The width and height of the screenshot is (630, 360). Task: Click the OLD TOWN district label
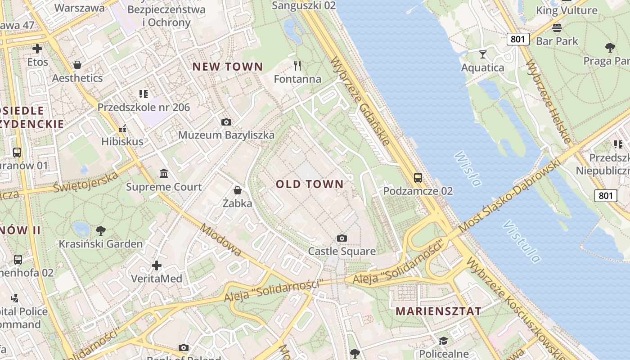point(310,184)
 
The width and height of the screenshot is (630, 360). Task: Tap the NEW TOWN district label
point(228,67)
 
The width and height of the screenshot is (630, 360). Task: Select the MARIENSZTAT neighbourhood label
point(438,311)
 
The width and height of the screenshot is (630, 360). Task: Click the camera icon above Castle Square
point(342,238)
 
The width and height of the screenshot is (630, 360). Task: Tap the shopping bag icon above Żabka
point(238,190)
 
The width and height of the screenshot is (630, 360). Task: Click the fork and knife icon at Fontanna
point(297,66)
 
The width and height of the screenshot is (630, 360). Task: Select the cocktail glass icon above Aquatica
point(483,54)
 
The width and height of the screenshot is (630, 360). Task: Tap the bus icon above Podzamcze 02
point(418,178)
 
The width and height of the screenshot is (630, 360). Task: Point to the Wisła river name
point(468,168)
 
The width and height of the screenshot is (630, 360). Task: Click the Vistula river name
point(522,241)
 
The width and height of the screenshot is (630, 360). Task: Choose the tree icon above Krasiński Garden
point(101,231)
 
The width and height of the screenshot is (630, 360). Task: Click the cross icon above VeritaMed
point(157,265)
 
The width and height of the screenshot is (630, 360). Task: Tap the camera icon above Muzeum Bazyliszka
point(226,122)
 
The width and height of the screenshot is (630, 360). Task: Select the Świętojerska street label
point(85,182)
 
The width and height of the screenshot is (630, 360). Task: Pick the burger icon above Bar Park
point(557,28)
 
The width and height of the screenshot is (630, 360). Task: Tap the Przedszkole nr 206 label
point(144,108)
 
